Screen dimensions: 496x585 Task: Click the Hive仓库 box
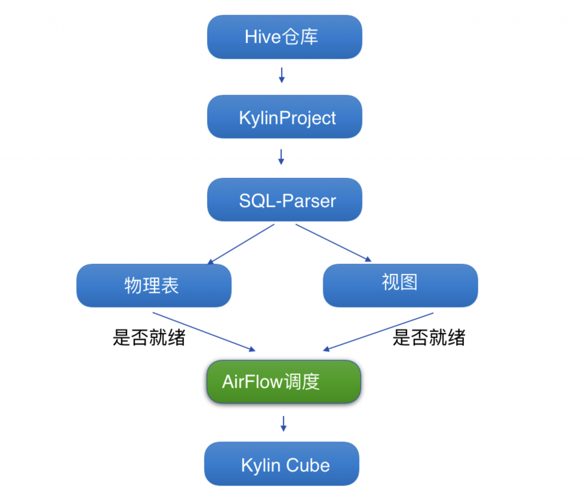click(284, 37)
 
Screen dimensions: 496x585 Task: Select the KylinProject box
click(284, 117)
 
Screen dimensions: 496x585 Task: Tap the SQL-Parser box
click(284, 200)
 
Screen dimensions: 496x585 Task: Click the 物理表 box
click(154, 285)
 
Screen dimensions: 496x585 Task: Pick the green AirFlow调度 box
click(284, 382)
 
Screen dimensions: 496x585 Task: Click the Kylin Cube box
click(282, 464)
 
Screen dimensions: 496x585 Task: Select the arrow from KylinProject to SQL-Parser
click(281, 157)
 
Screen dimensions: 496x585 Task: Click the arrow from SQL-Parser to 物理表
click(241, 244)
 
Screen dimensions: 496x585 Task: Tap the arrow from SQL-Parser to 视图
click(334, 243)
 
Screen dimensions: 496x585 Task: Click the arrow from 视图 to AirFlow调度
click(378, 331)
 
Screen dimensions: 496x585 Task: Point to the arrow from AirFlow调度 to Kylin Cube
click(283, 424)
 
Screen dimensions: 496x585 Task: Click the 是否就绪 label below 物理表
click(149, 338)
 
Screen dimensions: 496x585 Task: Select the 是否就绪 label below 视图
click(429, 338)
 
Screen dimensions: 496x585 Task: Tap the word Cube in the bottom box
click(308, 465)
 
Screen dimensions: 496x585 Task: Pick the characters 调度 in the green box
click(302, 382)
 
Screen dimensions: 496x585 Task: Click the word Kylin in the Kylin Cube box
click(261, 465)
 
